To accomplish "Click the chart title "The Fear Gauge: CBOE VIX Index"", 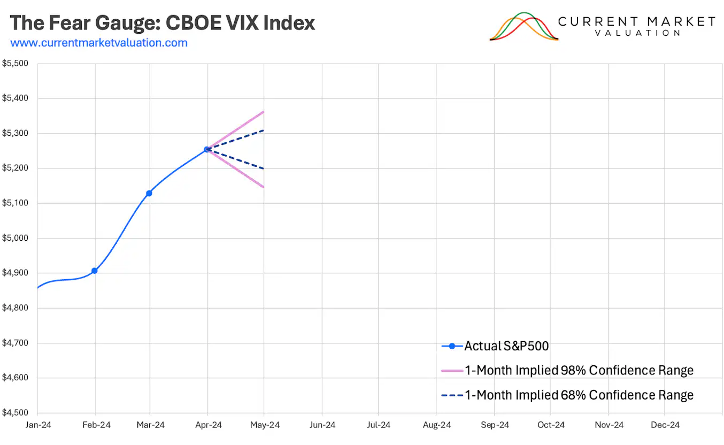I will (163, 23).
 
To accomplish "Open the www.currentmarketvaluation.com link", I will (99, 43).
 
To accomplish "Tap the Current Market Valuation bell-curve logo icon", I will (523, 27).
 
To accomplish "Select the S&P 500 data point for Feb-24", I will (95, 271).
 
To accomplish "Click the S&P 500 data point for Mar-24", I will (149, 193).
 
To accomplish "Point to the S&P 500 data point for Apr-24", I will (207, 150).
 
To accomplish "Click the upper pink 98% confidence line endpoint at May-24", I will (264, 112).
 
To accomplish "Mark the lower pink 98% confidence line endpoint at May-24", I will (264, 187).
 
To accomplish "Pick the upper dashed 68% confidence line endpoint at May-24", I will (264, 130).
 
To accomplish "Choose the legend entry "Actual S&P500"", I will (506, 346).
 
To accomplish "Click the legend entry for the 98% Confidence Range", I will (579, 371).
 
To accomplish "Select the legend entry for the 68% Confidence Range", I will (579, 395).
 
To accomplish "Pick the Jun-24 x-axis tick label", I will (322, 425).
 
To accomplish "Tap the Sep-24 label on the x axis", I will (494, 425).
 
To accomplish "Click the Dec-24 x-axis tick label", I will (665, 425).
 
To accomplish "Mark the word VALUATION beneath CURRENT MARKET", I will (637, 33).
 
